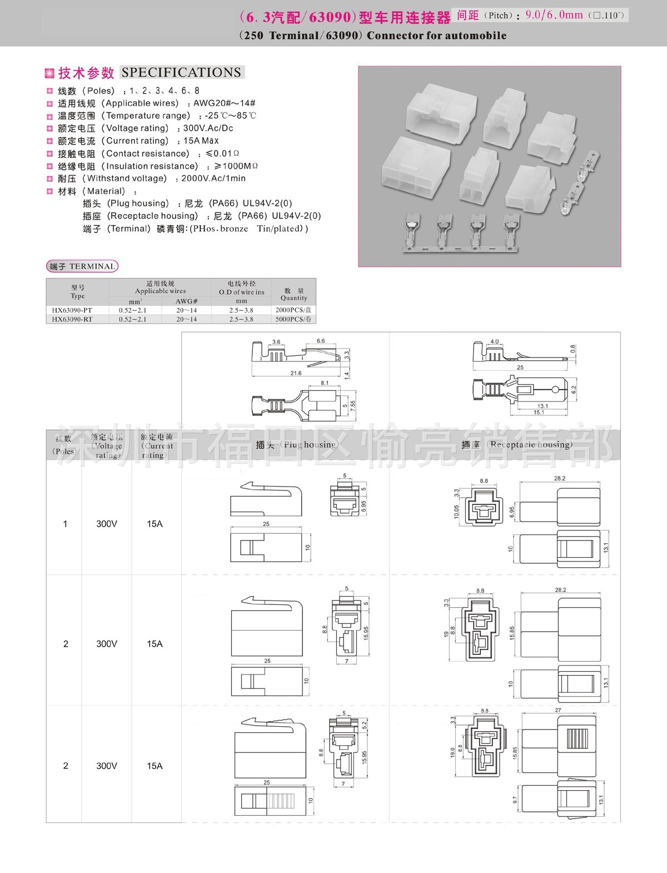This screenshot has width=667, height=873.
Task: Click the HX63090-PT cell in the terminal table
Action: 72,310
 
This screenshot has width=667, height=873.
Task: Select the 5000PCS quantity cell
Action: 293,319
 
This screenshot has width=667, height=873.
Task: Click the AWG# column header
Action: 186,301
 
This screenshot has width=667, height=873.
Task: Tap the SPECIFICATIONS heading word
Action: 181,72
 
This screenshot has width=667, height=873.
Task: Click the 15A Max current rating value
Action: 201,141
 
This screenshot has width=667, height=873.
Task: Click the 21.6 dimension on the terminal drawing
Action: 296,373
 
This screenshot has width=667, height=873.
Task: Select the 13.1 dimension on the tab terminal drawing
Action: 542,406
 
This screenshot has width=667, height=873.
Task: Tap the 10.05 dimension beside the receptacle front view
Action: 457,512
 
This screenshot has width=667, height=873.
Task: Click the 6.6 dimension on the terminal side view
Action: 321,341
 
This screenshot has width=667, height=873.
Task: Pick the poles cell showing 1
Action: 65,524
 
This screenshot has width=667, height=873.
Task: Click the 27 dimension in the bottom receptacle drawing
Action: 558,710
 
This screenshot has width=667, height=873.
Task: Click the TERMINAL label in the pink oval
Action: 92,266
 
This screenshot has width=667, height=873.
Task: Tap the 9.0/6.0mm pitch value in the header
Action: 554,15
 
